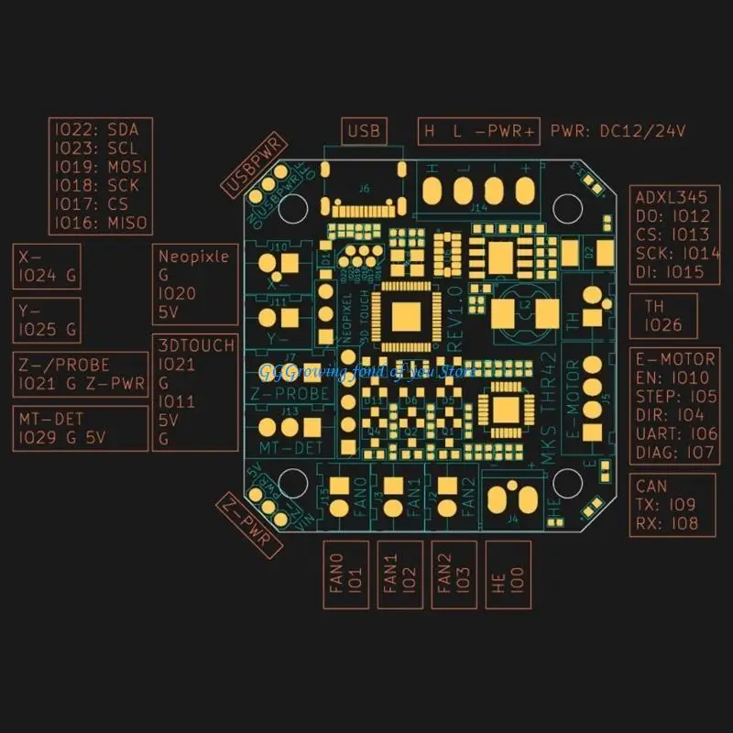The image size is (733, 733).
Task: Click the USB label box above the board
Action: (364, 131)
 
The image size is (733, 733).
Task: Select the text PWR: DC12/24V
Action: (618, 131)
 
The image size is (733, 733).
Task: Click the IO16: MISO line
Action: (99, 223)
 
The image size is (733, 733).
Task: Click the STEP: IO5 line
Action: (672, 396)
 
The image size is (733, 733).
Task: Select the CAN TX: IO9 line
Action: (665, 505)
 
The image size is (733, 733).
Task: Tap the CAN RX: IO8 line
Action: (665, 523)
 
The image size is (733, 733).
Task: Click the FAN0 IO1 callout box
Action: (347, 574)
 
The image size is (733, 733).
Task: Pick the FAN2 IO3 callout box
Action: (454, 574)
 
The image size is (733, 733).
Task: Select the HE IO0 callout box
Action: (507, 574)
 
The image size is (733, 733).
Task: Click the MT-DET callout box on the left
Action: (81, 428)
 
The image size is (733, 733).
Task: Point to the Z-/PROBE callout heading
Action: (81, 364)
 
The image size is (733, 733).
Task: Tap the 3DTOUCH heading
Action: (196, 345)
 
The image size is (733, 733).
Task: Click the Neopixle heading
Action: (193, 257)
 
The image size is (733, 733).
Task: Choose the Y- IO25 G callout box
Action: (47, 320)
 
